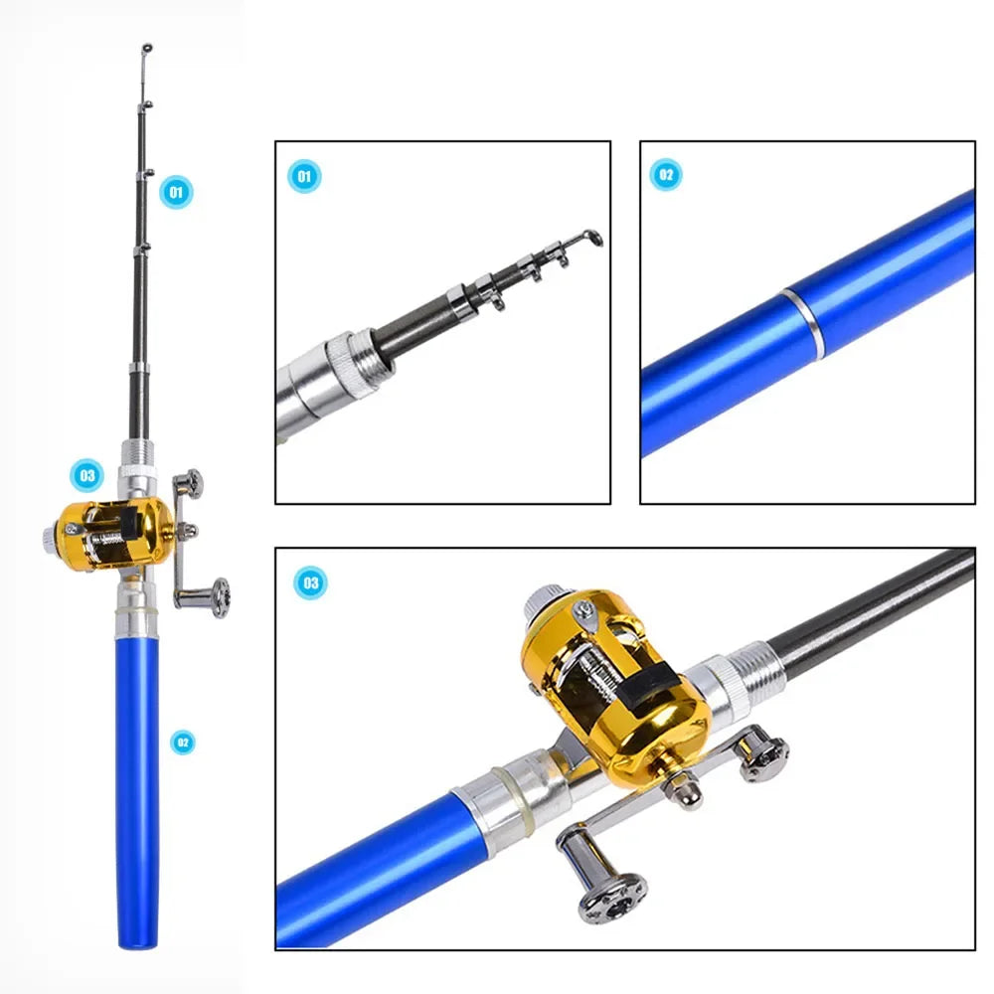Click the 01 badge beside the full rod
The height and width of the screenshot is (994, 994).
[x=177, y=191]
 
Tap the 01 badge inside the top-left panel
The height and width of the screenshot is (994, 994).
[x=305, y=177]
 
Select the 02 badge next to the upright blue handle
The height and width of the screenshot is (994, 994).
[x=181, y=742]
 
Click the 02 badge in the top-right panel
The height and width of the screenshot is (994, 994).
[x=666, y=175]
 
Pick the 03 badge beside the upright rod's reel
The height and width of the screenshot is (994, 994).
[x=87, y=475]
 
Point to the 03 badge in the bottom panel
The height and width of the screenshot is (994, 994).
[x=310, y=582]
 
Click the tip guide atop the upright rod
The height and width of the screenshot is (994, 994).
[x=147, y=48]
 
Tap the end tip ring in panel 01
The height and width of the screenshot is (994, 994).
[x=593, y=238]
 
